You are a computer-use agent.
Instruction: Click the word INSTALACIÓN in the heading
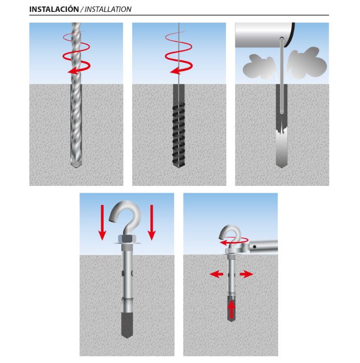(x=54, y=9)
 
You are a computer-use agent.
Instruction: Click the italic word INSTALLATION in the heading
(x=108, y=9)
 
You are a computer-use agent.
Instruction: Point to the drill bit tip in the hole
(x=76, y=165)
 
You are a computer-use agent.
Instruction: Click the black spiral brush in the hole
(x=179, y=134)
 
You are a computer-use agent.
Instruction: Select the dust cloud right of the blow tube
(x=306, y=63)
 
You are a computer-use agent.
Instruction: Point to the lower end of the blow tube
(x=282, y=112)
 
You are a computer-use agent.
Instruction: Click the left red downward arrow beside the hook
(x=102, y=222)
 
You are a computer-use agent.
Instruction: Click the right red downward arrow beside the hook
(x=152, y=222)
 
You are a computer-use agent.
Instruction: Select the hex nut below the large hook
(x=127, y=239)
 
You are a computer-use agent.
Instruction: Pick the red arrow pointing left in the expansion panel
(x=216, y=275)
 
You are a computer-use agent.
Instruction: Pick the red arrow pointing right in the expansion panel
(x=246, y=275)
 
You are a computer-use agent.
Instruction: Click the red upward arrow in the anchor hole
(x=232, y=310)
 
